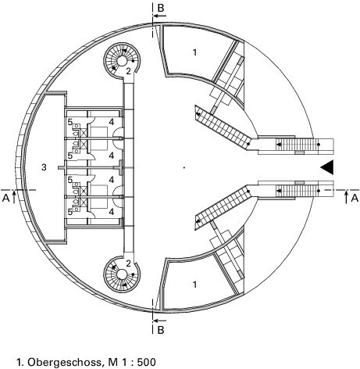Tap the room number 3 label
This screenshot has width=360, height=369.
44,167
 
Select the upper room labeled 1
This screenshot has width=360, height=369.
194,52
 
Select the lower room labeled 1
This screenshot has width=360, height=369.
194,285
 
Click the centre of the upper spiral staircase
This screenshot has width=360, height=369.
122,61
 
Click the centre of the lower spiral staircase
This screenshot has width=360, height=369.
122,274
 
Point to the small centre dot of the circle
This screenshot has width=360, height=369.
184,167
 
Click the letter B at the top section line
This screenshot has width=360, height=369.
161,9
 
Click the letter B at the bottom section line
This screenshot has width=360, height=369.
161,330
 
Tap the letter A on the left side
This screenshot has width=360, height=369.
5,199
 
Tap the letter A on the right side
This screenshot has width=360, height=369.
355,199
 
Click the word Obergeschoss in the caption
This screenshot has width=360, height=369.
64,362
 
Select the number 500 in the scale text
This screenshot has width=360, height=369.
147,362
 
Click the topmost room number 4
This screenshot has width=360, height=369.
112,122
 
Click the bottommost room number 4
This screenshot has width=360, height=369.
112,212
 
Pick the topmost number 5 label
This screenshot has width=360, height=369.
70,122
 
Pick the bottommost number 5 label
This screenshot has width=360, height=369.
70,212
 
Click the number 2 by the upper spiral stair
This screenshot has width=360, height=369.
128,71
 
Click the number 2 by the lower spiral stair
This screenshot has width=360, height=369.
128,263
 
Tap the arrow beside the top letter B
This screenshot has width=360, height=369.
159,16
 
